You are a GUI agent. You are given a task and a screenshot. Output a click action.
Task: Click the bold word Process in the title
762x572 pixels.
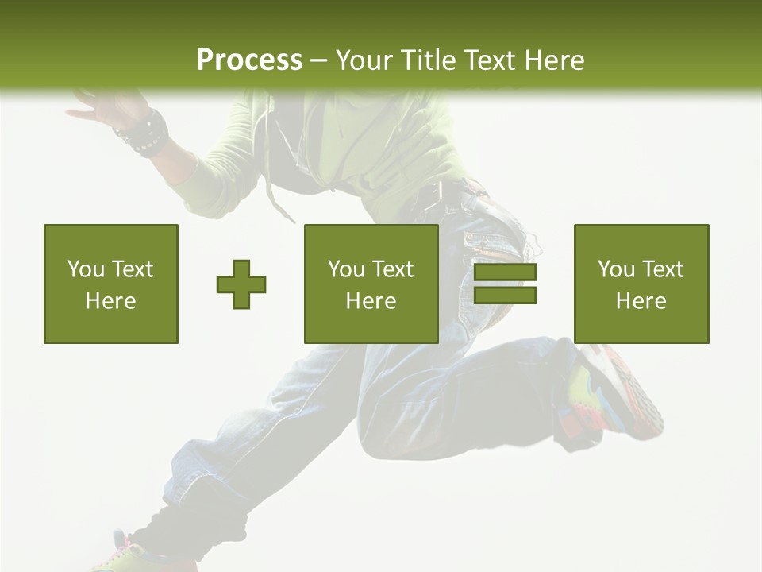click(x=249, y=60)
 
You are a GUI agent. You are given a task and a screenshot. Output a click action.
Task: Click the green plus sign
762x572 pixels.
click(x=241, y=284)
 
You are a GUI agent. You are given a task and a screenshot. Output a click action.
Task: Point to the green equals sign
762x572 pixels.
click(x=505, y=284)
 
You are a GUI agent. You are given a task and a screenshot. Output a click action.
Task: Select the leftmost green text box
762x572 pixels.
click(x=111, y=284)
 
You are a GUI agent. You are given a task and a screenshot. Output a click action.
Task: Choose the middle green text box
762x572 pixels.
click(x=371, y=284)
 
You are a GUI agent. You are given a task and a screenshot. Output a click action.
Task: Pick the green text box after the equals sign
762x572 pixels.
click(x=641, y=284)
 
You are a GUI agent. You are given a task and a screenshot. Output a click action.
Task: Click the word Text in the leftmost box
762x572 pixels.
click(x=132, y=269)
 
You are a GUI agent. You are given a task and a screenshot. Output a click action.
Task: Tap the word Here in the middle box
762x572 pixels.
click(x=371, y=301)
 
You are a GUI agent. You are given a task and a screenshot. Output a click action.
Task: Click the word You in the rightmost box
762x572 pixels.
click(x=617, y=269)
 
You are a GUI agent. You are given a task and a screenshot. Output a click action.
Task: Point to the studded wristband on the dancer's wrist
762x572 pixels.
click(x=143, y=133)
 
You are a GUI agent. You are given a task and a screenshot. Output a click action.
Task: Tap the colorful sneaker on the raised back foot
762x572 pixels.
click(x=619, y=393)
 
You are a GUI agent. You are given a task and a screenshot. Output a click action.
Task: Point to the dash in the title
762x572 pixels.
click(x=319, y=60)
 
